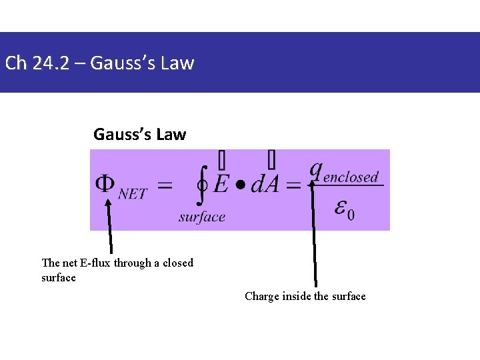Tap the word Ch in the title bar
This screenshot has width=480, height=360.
15,63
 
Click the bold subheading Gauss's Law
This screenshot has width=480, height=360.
140,135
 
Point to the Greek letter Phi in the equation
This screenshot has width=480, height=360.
105,185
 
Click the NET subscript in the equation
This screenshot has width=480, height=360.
133,193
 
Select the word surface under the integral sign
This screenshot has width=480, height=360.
202,217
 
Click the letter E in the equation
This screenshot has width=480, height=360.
221,185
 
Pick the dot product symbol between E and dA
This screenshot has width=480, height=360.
240,185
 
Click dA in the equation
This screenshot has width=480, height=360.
265,185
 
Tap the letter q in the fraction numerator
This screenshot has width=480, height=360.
315,170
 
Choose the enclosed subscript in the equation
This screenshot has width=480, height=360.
351,177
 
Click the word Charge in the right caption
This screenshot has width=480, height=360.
261,296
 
